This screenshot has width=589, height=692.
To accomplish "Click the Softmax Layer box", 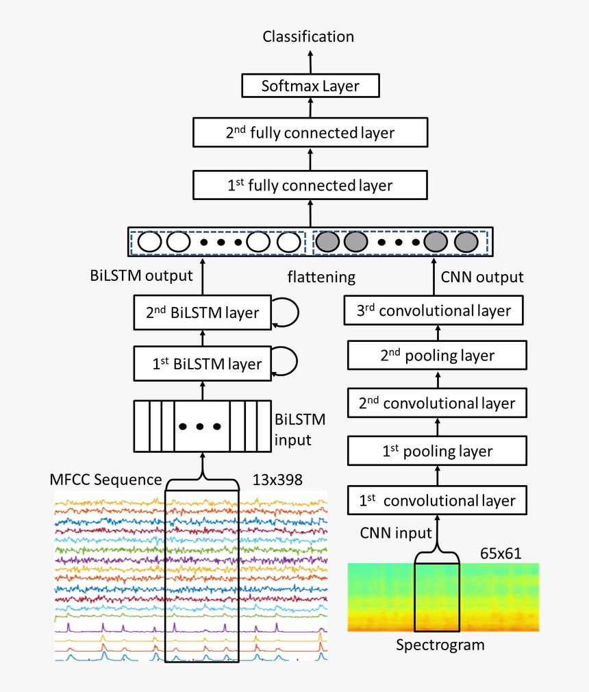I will tap(310, 86).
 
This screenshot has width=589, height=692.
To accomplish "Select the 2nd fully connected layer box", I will tap(310, 132).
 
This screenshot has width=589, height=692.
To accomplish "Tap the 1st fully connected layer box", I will tap(310, 185).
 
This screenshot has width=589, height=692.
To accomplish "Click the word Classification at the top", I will tap(308, 36).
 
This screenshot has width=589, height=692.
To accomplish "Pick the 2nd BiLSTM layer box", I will tap(203, 313).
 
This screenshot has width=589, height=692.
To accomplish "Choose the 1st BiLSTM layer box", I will tap(203, 363).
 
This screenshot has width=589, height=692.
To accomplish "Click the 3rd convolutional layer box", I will tap(435, 310).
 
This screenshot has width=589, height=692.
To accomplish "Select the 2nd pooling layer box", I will tap(437, 356).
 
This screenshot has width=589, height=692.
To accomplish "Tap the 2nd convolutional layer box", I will tap(437, 403).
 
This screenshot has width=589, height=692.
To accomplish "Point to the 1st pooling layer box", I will tap(437, 451).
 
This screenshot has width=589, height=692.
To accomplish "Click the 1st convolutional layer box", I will tap(437, 500).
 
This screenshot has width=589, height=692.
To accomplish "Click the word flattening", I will tap(321, 277).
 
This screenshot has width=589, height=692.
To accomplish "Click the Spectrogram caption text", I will tap(440, 645).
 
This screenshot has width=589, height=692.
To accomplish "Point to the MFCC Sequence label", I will tap(105, 479).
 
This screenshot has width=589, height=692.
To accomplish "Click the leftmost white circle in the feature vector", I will tap(149, 242).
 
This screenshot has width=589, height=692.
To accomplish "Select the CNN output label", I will tap(482, 277).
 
